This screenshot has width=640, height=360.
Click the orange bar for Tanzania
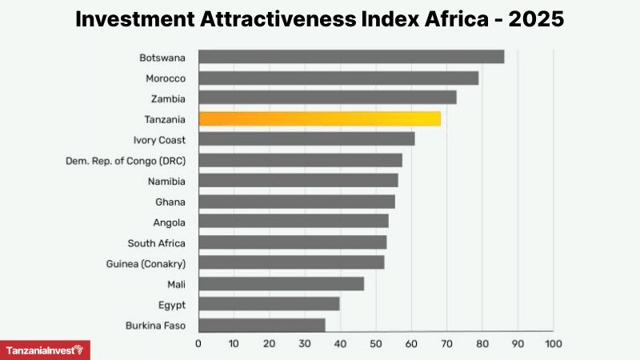[x=319, y=118]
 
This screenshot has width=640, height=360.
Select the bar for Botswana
[x=351, y=57]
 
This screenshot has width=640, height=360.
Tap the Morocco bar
[x=338, y=78]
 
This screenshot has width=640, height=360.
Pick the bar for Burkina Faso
[x=262, y=325]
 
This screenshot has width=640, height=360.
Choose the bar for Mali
[x=281, y=283]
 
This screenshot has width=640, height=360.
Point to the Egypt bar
[x=269, y=304]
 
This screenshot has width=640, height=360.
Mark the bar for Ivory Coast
[x=306, y=139]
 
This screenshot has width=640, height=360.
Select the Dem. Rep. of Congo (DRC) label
[x=126, y=160]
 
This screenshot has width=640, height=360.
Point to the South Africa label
[x=156, y=242]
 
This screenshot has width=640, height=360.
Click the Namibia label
[x=166, y=181]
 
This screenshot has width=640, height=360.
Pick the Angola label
[x=169, y=222]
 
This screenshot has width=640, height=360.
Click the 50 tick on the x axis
[x=376, y=344]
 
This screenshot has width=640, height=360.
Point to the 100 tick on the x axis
[x=553, y=344]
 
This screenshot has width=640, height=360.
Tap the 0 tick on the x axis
[x=198, y=344]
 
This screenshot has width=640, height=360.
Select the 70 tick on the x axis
[x=446, y=344]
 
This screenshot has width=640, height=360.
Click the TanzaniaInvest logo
[x=45, y=350]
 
